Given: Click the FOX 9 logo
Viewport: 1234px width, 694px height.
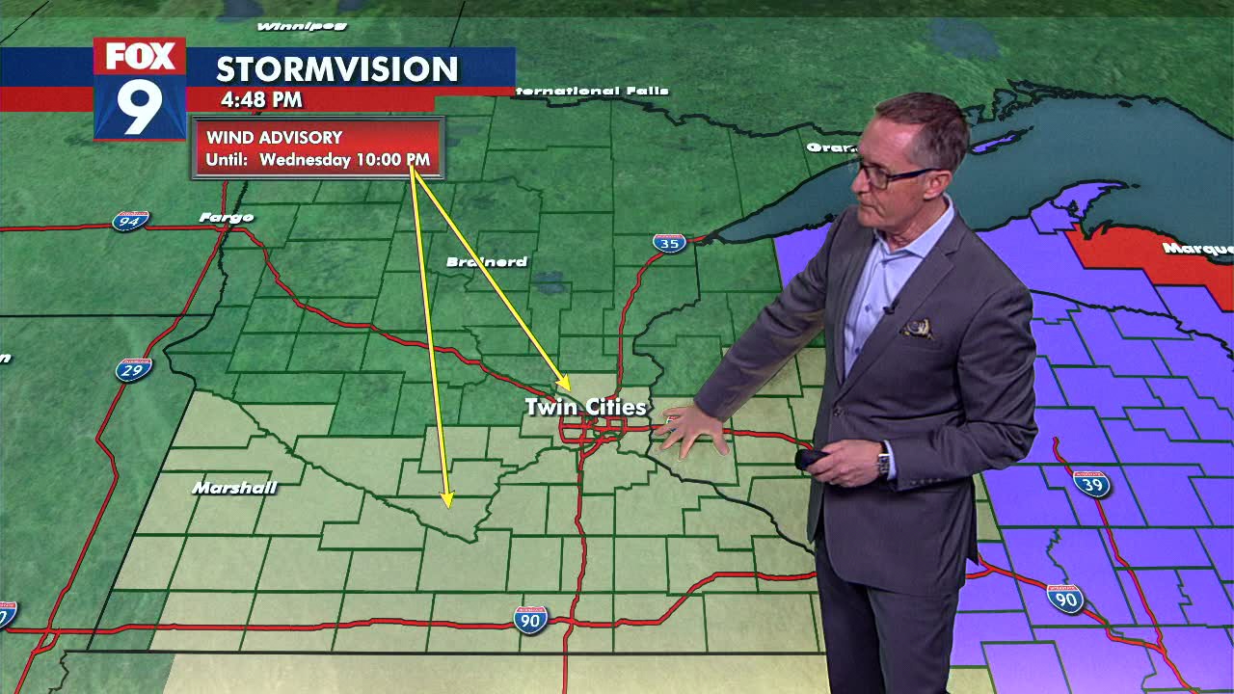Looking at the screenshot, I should pyautogui.click(x=140, y=89).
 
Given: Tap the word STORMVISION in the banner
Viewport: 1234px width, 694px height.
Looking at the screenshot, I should pyautogui.click(x=336, y=69).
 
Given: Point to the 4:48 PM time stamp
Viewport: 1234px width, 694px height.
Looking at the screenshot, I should pyautogui.click(x=261, y=99).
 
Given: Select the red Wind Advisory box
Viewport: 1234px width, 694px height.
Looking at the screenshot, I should pyautogui.click(x=318, y=148).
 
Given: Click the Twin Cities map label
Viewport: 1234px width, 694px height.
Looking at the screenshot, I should pyautogui.click(x=585, y=408).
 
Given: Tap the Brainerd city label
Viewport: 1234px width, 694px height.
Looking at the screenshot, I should pyautogui.click(x=487, y=262).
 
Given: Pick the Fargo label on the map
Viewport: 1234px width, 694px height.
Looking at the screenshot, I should pyautogui.click(x=227, y=218).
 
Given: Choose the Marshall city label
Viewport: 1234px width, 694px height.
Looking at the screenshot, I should pyautogui.click(x=234, y=488).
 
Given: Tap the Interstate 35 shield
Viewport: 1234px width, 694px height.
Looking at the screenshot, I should pyautogui.click(x=669, y=243).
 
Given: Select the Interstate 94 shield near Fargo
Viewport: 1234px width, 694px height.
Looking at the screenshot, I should pyautogui.click(x=130, y=221).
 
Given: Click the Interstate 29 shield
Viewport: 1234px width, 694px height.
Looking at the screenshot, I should pyautogui.click(x=133, y=369).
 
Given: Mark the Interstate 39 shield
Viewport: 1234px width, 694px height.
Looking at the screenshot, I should pyautogui.click(x=1091, y=484).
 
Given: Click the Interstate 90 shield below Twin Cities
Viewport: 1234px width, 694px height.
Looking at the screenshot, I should pyautogui.click(x=530, y=619).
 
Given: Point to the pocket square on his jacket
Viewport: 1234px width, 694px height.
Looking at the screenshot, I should pyautogui.click(x=917, y=329).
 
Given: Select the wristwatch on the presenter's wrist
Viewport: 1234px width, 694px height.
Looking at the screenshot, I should pyautogui.click(x=882, y=461).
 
